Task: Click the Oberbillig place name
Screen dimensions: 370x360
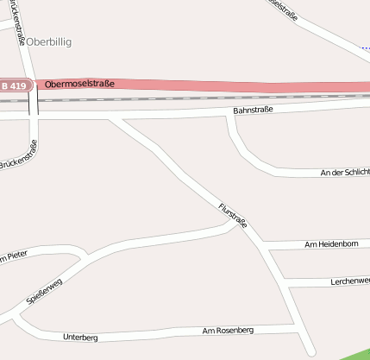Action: point(49,41)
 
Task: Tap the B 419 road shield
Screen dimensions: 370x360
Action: point(15,85)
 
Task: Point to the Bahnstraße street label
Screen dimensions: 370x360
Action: point(253,111)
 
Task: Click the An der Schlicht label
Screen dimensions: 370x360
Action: point(344,173)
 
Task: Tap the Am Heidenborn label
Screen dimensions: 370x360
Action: point(331,245)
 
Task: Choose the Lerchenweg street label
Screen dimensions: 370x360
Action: point(349,281)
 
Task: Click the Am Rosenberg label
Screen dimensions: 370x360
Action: point(228,330)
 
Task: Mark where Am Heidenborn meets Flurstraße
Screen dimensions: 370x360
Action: point(265,245)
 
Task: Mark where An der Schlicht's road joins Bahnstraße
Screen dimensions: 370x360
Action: point(231,116)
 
